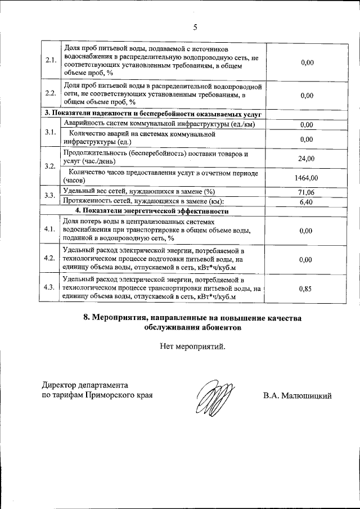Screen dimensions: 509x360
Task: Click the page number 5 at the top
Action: [x=195, y=26]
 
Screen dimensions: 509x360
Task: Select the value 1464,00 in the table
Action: [x=307, y=177]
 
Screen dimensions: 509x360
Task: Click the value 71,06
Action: [x=307, y=192]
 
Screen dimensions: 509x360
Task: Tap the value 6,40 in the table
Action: [x=307, y=201]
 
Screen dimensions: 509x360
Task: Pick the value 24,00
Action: [x=307, y=159]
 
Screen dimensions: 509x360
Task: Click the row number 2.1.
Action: [x=50, y=61]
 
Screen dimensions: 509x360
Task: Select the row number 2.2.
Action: [x=50, y=94]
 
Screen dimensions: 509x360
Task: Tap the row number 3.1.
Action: [x=50, y=133]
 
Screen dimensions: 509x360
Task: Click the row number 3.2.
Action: [x=50, y=167]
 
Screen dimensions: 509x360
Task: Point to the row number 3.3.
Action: [x=50, y=196]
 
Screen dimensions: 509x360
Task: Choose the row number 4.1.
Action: [x=50, y=230]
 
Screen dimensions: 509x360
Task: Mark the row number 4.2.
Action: [x=50, y=259]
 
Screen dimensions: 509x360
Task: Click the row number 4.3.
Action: [x=50, y=287]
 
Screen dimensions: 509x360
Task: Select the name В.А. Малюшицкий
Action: [x=297, y=395]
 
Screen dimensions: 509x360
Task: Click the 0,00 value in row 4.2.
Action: [x=307, y=260]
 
